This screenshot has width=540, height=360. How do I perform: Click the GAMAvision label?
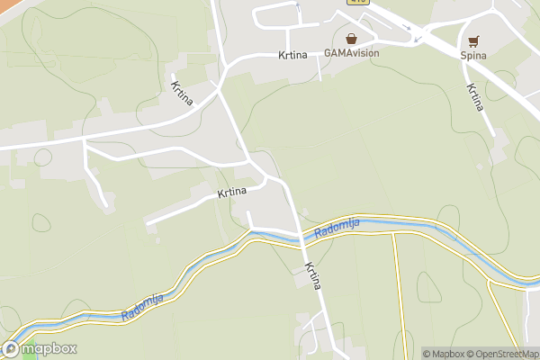352,53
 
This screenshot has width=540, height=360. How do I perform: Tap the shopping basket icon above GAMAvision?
351,39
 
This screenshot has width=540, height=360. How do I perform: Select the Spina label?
473,55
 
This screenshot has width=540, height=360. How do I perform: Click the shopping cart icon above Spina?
473,40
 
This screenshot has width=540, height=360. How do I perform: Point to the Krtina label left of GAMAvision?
293,55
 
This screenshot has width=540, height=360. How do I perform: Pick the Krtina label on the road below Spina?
475,97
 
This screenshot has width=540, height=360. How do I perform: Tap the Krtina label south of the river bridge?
313,275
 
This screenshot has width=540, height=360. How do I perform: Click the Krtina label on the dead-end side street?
232,193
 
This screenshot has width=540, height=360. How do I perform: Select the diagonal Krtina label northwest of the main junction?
180,94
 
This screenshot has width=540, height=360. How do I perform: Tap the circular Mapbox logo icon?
11,349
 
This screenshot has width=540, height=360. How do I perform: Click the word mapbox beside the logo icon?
49,349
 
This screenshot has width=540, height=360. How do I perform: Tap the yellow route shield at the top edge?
359,3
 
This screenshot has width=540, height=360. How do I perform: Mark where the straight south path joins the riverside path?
392,233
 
